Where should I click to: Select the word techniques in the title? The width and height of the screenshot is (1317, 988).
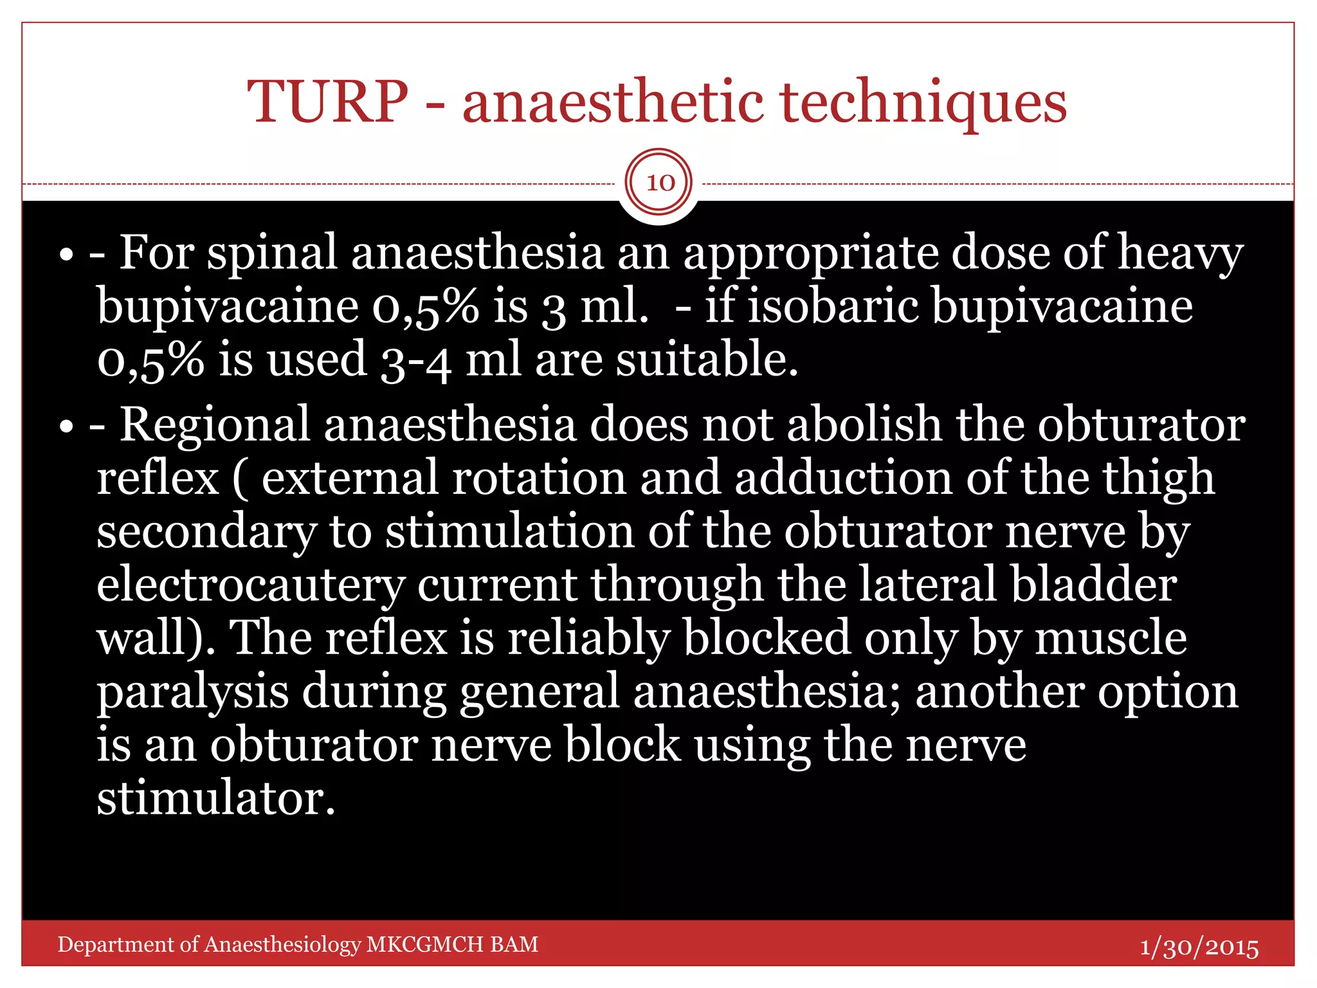(x=923, y=103)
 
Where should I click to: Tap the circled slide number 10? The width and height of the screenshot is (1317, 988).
(x=659, y=183)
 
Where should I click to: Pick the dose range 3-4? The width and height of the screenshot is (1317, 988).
(x=415, y=360)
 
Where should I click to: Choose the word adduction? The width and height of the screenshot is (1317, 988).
(x=842, y=479)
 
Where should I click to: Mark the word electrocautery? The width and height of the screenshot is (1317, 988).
(x=250, y=586)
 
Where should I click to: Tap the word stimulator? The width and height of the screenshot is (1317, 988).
(x=216, y=799)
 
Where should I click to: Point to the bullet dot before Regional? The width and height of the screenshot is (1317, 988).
(x=66, y=427)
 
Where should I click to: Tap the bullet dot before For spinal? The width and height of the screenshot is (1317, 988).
(x=66, y=255)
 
